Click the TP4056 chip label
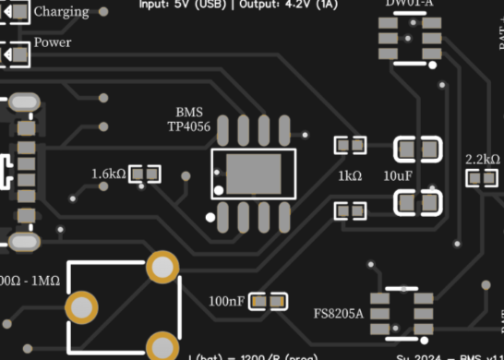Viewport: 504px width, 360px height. coord(188,126)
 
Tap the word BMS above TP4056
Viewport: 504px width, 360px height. coord(188,112)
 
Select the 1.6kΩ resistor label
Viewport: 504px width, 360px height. coord(108,174)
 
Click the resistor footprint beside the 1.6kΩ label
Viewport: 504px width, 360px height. coord(145,174)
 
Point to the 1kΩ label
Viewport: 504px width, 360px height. coord(350,174)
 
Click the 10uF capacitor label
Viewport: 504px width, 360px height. coord(398,174)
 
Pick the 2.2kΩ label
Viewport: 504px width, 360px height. coord(483,159)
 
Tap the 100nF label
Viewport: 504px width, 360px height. coord(226,301)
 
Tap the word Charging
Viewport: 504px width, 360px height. coord(62,12)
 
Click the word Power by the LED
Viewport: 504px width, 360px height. coord(53,42)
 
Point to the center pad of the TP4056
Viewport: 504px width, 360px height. coord(254,173)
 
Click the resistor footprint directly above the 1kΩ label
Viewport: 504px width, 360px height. coord(350,145)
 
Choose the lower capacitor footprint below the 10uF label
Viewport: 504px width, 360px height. coord(417,201)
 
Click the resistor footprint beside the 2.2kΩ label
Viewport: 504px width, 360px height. coord(482,179)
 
